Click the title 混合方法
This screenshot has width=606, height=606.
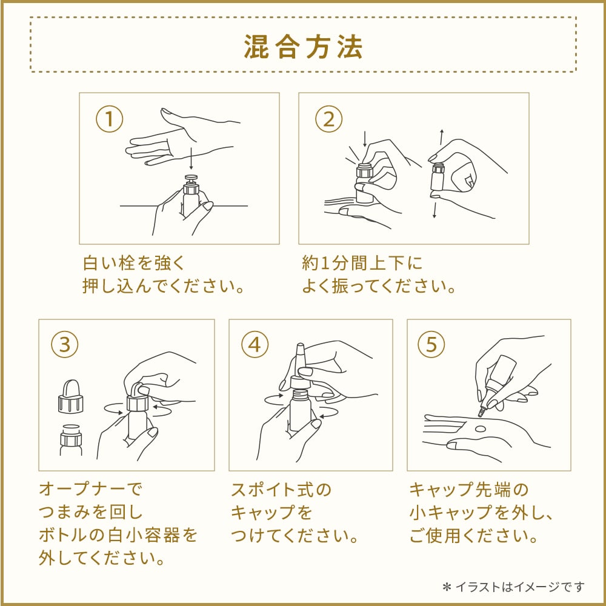click(x=303, y=47)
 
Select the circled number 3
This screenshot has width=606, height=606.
click(x=65, y=344)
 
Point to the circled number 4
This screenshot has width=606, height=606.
click(x=255, y=344)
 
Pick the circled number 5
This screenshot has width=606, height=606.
click(x=431, y=344)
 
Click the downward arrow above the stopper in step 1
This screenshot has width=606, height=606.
click(x=191, y=158)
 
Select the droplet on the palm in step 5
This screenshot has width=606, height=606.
click(x=480, y=428)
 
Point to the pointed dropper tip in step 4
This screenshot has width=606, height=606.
click(x=300, y=353)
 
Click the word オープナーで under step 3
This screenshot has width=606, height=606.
click(x=90, y=489)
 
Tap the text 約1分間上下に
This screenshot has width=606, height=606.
click(x=362, y=263)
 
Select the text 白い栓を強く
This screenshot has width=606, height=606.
click(x=134, y=263)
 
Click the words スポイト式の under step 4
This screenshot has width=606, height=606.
click(x=281, y=490)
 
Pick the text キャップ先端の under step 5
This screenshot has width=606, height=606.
click(x=468, y=490)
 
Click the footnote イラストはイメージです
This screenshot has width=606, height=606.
click(x=520, y=587)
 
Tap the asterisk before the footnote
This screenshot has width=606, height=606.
click(x=447, y=587)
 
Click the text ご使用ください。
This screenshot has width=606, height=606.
click(x=474, y=536)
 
